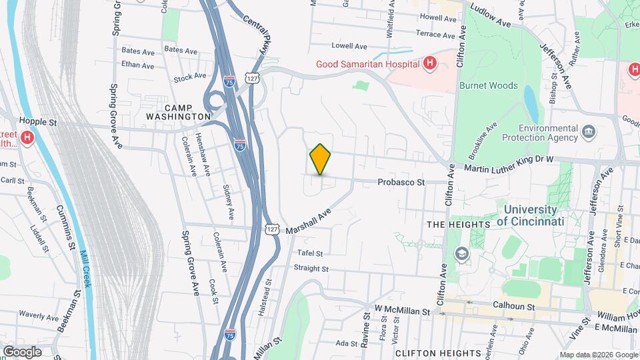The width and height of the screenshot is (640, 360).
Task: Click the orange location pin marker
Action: pos(321,159)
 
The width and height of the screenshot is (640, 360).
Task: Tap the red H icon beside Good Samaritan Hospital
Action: pos(430,63)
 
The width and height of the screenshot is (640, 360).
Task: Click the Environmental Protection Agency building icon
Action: pos(589,131)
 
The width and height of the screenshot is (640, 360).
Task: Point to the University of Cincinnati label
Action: pos(530,215)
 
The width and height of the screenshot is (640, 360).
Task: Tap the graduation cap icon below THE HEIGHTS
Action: pos(461,253)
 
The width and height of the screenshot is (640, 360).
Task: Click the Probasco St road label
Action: pos(401,181)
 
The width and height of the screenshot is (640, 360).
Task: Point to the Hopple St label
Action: pos(35,121)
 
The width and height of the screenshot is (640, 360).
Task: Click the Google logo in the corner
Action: pos(22,352)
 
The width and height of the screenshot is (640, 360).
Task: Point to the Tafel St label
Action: pos(310,253)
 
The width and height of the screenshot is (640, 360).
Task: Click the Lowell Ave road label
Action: pos(350,46)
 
